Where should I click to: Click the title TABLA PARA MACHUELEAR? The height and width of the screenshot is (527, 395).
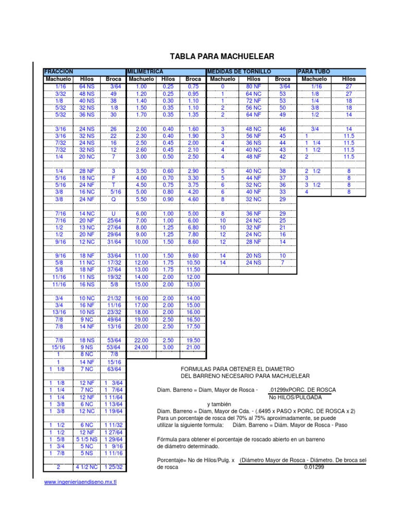coord(222,56)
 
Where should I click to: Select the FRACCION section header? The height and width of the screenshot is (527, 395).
coord(58,71)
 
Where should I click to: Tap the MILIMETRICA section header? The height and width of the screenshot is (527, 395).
coord(145,71)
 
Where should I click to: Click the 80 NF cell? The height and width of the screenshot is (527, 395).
coord(254,87)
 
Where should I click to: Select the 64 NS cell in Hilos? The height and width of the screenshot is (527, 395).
coord(86,87)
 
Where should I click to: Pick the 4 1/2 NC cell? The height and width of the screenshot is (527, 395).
coord(86,467)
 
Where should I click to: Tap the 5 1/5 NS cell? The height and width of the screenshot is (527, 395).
coord(86,439)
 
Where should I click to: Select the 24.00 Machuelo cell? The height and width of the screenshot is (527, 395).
coord(141,347)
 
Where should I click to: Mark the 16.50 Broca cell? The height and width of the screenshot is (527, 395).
coord(193,319)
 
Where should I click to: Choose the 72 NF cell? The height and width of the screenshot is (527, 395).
coord(254,101)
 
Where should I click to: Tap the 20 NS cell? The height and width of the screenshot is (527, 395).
coord(254,255)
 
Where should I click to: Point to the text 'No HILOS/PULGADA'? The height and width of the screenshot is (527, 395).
coord(295,397)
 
